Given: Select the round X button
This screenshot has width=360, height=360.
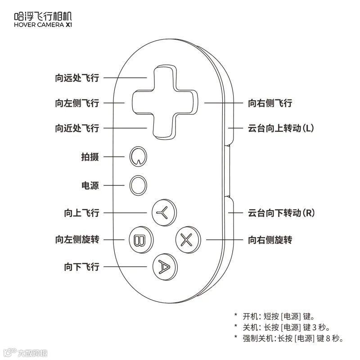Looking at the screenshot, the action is [x=186, y=239].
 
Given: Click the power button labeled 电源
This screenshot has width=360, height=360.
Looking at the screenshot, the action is [x=138, y=185].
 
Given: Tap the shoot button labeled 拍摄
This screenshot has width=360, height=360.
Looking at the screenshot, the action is [x=138, y=156].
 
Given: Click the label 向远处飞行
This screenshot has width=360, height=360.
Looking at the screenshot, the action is [x=77, y=78].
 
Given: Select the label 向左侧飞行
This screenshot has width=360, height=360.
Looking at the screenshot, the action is [x=77, y=103].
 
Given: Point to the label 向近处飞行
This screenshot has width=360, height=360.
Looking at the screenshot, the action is [x=77, y=128].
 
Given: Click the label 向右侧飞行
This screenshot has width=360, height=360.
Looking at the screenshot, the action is [x=270, y=103].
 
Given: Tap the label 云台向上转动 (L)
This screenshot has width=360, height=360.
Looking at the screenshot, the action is [x=281, y=128].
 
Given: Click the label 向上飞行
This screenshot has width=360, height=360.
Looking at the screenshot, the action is [x=81, y=213].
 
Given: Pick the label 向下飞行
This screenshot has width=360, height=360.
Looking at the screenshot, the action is [x=81, y=267].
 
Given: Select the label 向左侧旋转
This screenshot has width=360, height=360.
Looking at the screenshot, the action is [x=77, y=240].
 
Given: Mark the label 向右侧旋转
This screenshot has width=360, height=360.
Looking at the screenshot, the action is [x=270, y=240].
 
